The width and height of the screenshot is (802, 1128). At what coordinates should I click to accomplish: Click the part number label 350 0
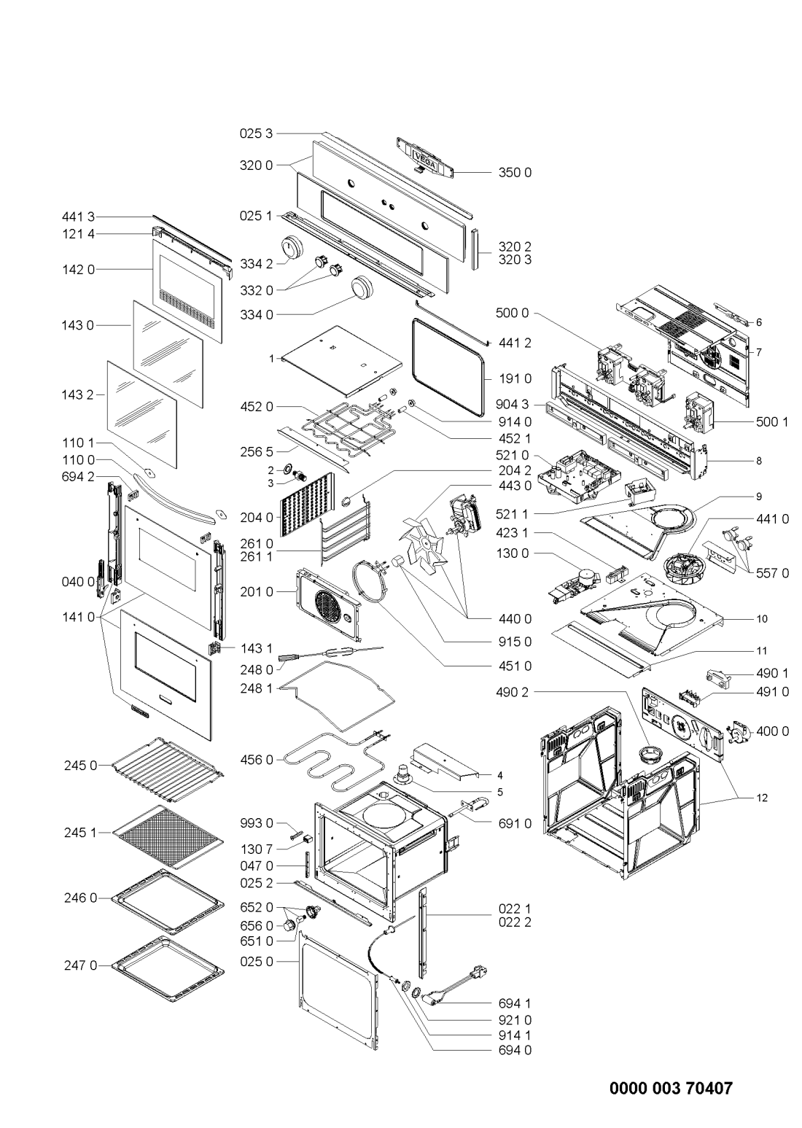[515, 172]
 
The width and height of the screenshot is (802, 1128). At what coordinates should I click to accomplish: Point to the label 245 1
[80, 833]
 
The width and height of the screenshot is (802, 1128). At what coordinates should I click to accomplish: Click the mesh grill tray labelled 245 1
[168, 836]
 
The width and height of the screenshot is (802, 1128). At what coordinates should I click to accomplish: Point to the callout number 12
[762, 798]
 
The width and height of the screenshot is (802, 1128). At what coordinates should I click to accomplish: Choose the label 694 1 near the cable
[515, 1003]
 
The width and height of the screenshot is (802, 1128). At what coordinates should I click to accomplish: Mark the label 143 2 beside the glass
[78, 394]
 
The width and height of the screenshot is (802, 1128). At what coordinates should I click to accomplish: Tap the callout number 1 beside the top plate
[271, 359]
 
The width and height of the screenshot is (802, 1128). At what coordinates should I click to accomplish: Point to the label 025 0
[256, 962]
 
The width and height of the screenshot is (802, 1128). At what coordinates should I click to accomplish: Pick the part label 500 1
[772, 422]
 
